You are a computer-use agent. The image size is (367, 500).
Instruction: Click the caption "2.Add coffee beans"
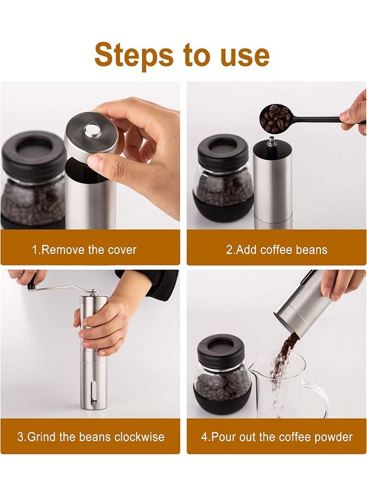[276, 249]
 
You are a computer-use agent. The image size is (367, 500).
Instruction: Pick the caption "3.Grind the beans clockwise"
[90, 437]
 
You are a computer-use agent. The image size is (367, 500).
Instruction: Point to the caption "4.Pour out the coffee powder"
[276, 437]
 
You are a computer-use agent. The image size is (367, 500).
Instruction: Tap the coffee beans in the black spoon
[276, 117]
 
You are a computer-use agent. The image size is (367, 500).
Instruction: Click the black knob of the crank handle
[31, 286]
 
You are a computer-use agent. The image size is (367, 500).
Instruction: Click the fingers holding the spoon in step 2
[354, 114]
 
